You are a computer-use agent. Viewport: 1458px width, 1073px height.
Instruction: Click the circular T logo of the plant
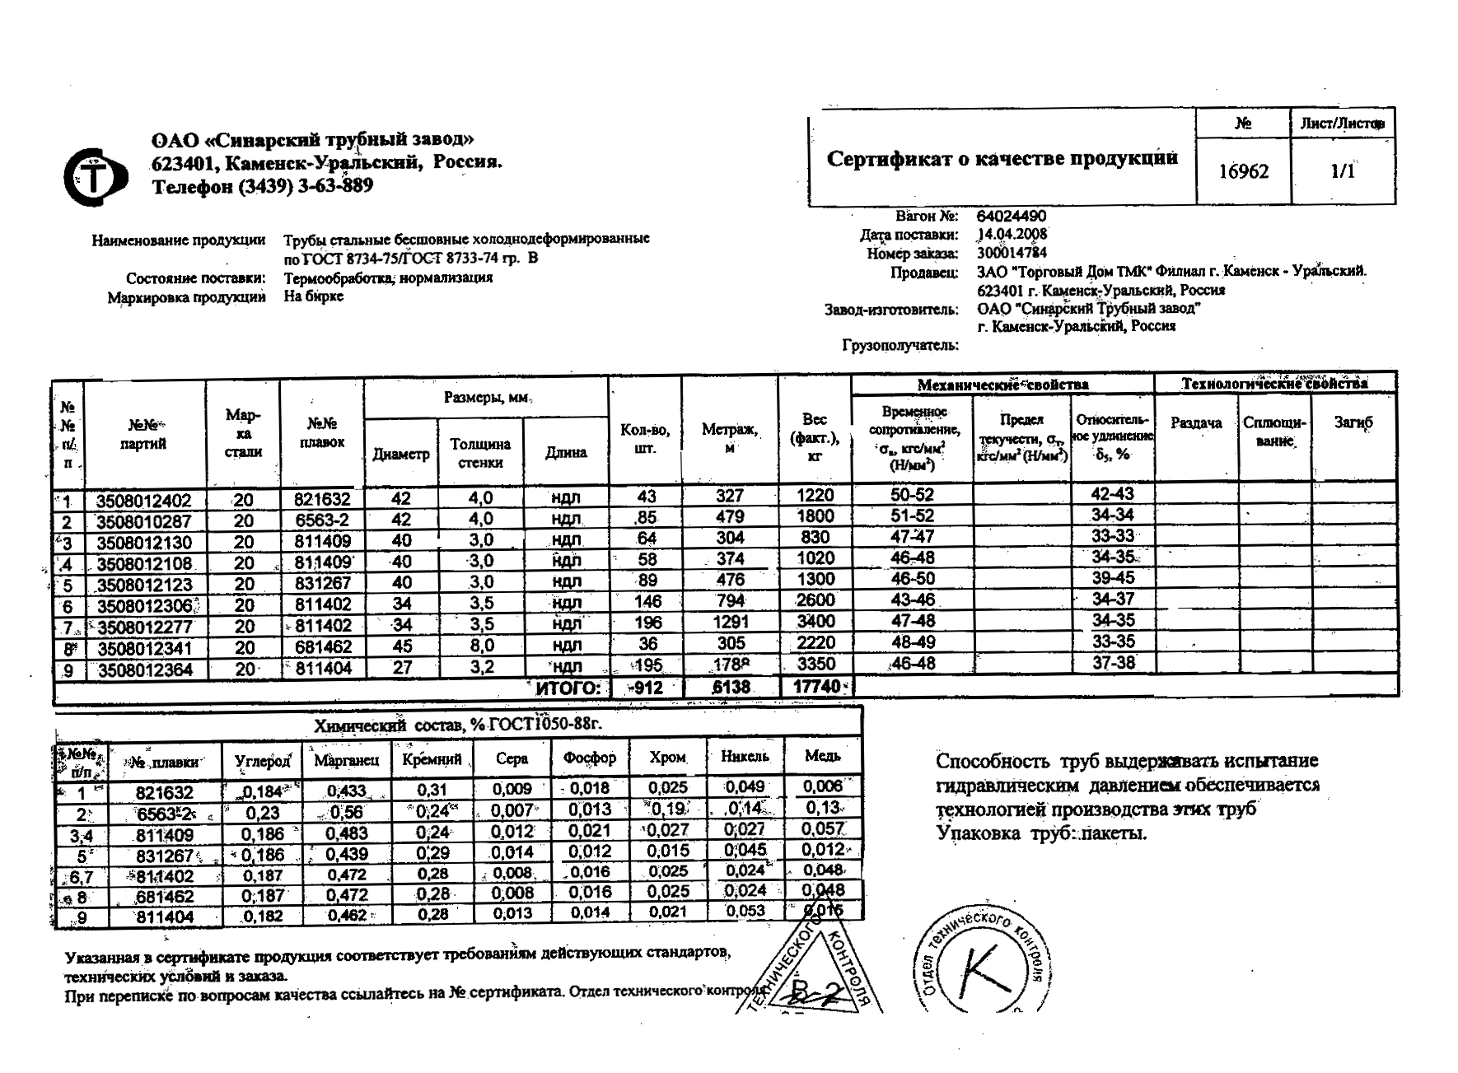click(95, 176)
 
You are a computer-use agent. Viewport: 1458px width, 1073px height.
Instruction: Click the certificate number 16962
click(1243, 171)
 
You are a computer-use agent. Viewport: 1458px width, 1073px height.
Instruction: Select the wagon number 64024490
click(1012, 217)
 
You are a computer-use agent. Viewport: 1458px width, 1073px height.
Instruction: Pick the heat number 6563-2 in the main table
click(322, 520)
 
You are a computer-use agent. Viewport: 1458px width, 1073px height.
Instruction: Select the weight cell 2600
click(815, 600)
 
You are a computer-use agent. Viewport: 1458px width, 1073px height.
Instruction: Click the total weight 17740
click(816, 687)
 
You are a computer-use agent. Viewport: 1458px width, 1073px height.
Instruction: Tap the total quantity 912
click(646, 687)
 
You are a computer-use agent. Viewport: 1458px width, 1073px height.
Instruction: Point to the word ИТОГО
click(568, 688)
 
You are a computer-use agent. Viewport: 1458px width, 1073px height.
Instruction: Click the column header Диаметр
click(401, 454)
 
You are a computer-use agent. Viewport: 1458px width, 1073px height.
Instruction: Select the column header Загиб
click(1353, 422)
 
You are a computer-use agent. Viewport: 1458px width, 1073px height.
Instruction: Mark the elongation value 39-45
click(1113, 578)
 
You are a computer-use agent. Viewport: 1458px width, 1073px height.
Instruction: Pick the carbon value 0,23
click(262, 812)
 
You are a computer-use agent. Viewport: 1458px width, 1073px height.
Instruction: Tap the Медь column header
click(822, 756)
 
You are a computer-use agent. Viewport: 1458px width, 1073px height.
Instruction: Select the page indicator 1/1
click(1342, 171)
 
